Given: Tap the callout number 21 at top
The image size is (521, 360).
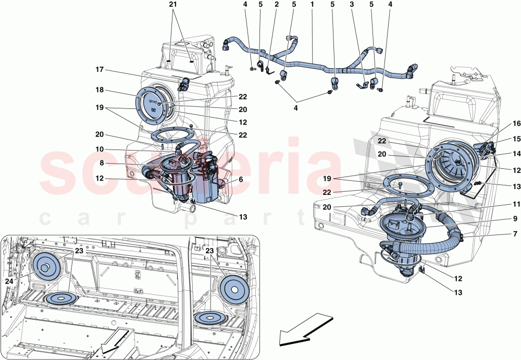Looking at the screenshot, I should pyautogui.click(x=173, y=5).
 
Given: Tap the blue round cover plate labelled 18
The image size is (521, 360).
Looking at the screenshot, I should pyautogui.click(x=153, y=108).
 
